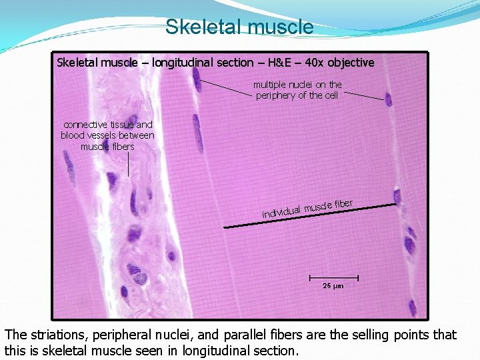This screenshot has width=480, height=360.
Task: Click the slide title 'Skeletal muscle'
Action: click(x=239, y=27)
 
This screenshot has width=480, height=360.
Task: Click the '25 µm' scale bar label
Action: click(x=333, y=285)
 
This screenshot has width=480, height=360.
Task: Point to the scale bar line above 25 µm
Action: click(x=333, y=277)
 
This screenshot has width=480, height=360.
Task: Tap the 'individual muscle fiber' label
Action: click(x=307, y=208)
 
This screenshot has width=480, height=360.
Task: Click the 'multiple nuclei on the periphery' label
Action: click(x=297, y=90)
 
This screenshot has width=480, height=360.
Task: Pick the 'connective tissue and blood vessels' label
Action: click(x=107, y=135)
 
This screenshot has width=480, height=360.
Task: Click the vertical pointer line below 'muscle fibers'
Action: click(x=128, y=164)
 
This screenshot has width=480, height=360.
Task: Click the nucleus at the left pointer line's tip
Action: click(x=197, y=79)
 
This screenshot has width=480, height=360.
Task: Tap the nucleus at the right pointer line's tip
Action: click(x=389, y=100)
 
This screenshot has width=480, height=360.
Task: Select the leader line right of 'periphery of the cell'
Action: click(x=363, y=96)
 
